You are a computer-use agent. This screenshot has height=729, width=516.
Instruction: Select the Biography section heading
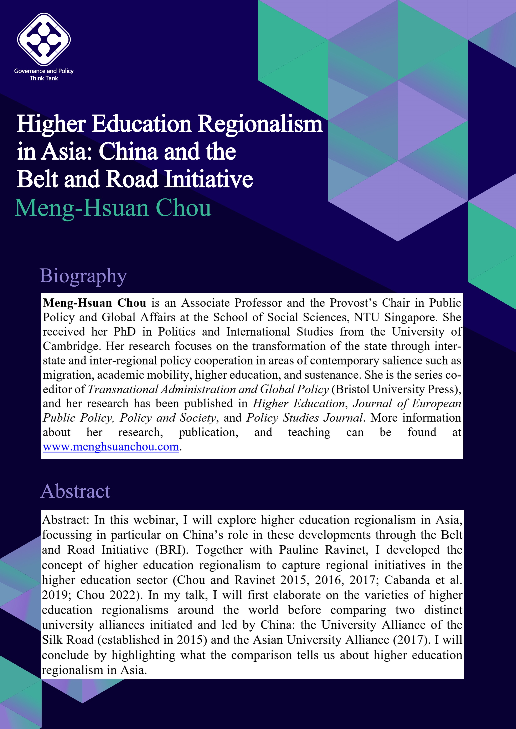[83, 276]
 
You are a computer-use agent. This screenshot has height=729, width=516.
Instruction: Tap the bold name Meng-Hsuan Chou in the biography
[94, 303]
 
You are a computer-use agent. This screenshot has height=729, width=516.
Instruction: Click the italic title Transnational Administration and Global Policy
[208, 389]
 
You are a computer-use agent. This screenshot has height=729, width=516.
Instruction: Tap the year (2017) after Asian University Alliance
[410, 639]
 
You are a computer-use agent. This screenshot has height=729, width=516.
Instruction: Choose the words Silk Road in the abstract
[68, 639]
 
